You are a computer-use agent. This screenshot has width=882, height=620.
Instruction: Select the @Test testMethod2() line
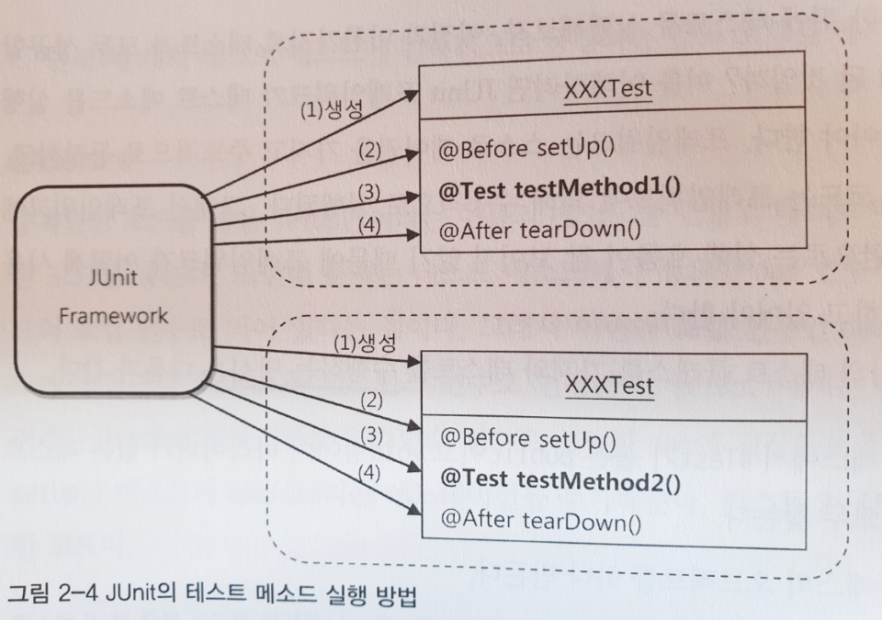point(560,479)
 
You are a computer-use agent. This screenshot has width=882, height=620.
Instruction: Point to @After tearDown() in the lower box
point(539,520)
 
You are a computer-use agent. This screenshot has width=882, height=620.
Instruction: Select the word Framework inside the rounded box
point(114,316)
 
